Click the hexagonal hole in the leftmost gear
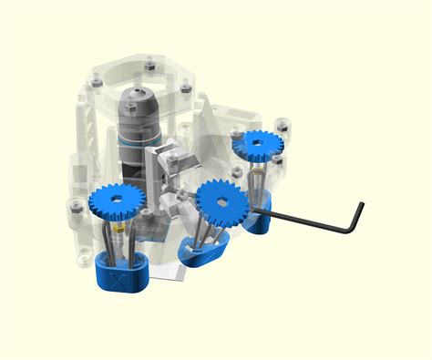[x=118, y=200]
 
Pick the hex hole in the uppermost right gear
[x=258, y=142]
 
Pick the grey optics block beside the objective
[x=172, y=165]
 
